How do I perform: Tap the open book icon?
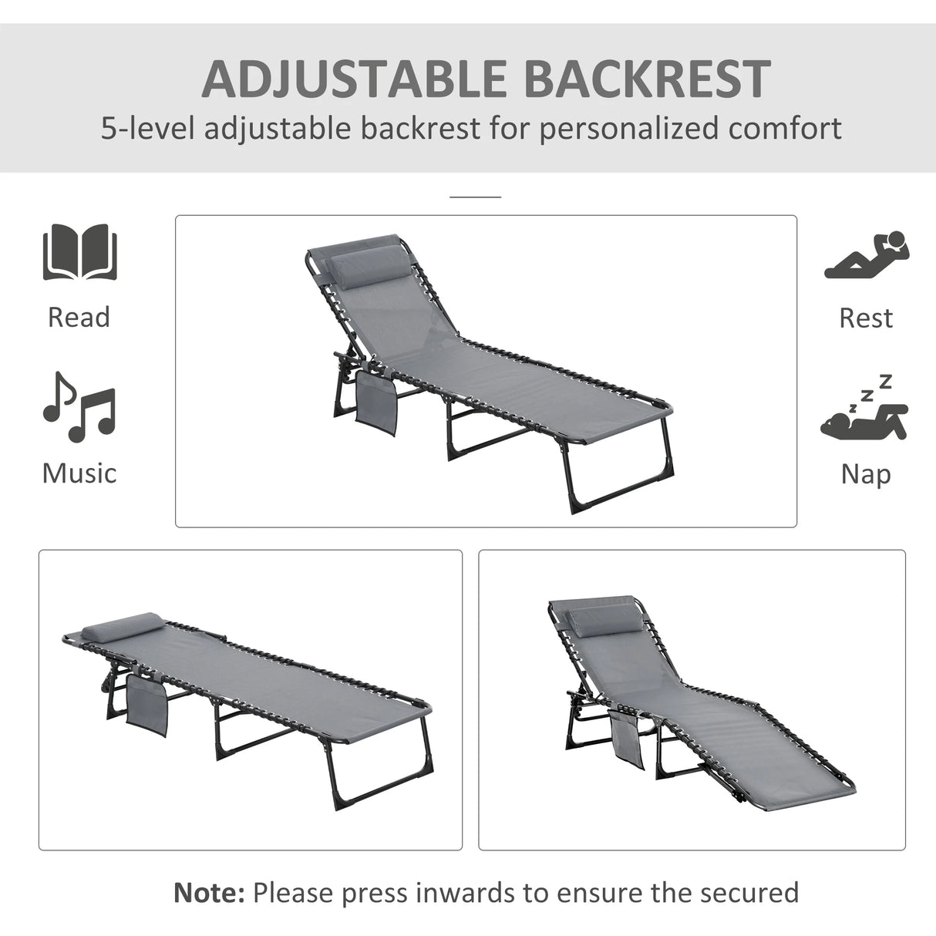[x=79, y=253]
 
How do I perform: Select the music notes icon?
[x=79, y=407]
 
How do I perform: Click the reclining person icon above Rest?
[x=867, y=255]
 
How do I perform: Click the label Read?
[x=79, y=317]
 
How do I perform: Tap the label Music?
[x=79, y=473]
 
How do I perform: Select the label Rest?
[x=866, y=318]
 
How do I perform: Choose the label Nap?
[x=866, y=473]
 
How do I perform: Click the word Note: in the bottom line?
[x=209, y=892]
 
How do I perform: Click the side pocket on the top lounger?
[x=375, y=398]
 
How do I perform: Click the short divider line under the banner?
[x=475, y=197]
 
